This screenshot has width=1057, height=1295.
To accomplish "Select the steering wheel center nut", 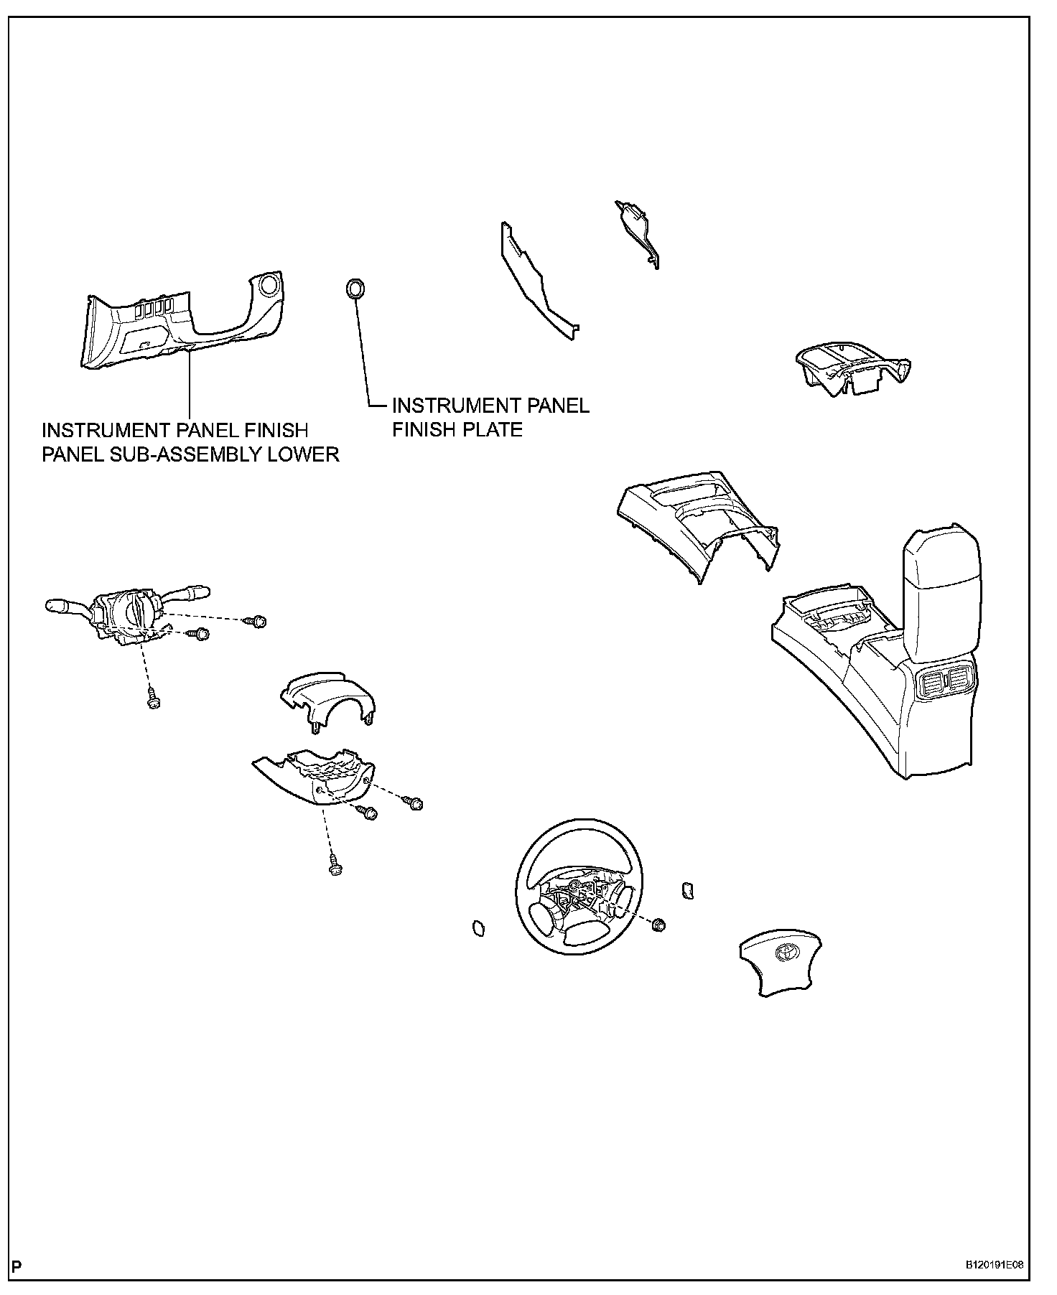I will (656, 925).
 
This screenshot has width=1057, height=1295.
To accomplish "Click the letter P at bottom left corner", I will (17, 1265).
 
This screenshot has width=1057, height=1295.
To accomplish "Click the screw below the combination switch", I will (152, 699).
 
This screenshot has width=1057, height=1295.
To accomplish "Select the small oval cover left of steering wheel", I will (477, 929).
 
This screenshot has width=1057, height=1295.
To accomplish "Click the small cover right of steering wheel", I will (686, 889).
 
